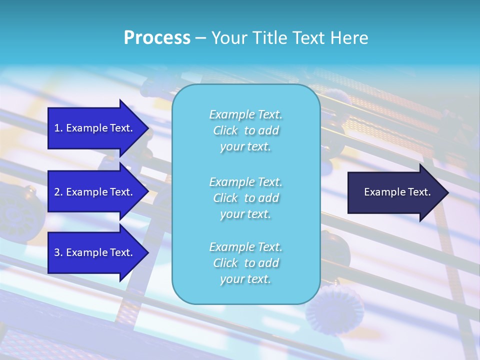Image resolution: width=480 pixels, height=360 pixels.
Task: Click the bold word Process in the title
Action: point(157,38)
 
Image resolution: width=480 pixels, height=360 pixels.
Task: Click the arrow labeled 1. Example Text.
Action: point(95,128)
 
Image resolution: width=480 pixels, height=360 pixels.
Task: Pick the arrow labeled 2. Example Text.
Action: point(95,192)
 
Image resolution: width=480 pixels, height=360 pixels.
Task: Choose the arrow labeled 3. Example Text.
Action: point(95,252)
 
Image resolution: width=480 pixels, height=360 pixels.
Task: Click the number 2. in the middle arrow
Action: point(58,192)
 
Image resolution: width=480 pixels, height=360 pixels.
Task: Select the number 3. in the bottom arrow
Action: point(58,252)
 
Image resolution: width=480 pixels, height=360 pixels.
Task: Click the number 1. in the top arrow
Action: point(58,128)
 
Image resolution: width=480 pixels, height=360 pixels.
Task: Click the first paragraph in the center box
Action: point(245,130)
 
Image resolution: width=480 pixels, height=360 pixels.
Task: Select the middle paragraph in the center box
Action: point(245,198)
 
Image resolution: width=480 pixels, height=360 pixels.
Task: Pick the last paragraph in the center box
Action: point(245,263)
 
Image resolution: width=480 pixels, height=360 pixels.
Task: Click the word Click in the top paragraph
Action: point(225,130)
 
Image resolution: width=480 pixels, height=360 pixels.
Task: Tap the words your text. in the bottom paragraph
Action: point(245,279)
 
